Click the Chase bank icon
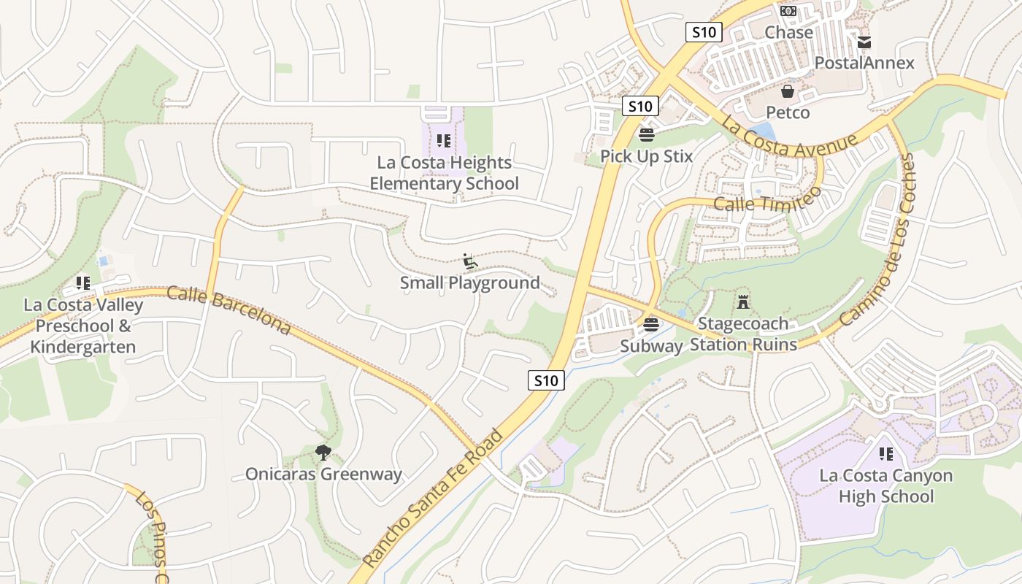click(788, 11)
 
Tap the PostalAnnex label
click(864, 63)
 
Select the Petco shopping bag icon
click(788, 91)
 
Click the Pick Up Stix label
click(646, 156)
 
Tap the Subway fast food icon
click(651, 324)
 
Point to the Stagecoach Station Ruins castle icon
click(743, 301)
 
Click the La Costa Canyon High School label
click(885, 486)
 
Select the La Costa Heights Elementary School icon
click(443, 140)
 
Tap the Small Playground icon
click(470, 261)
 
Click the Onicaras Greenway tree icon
click(323, 453)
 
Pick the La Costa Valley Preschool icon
click(82, 283)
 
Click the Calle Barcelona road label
click(228, 311)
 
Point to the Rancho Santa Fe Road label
click(434, 498)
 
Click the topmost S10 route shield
click(704, 32)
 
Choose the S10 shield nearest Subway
click(546, 380)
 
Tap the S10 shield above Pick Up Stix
click(640, 106)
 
